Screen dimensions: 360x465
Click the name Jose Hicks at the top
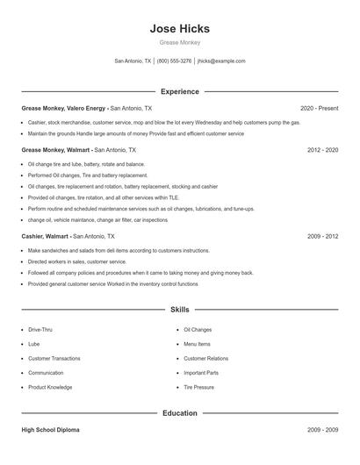pos(180,28)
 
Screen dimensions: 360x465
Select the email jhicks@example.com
pos(221,61)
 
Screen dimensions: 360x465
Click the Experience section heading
pos(180,91)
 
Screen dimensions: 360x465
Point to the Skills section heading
pos(180,310)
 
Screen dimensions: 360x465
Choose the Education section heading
pos(180,412)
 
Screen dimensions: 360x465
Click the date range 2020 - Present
pos(319,108)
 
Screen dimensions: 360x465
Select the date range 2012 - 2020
pos(322,150)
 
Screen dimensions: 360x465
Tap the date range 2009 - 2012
pos(322,236)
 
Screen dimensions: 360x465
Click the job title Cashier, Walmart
pos(45,236)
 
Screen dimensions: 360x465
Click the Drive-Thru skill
pos(40,329)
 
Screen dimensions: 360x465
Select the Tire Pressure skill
pos(198,387)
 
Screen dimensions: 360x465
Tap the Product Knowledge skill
pos(50,387)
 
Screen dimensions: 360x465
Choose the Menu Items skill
pos(197,344)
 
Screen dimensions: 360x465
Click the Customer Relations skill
pos(205,358)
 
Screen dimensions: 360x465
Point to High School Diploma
pos(51,430)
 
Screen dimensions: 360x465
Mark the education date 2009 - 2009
pos(322,430)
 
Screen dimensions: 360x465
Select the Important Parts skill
pos(201,373)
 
